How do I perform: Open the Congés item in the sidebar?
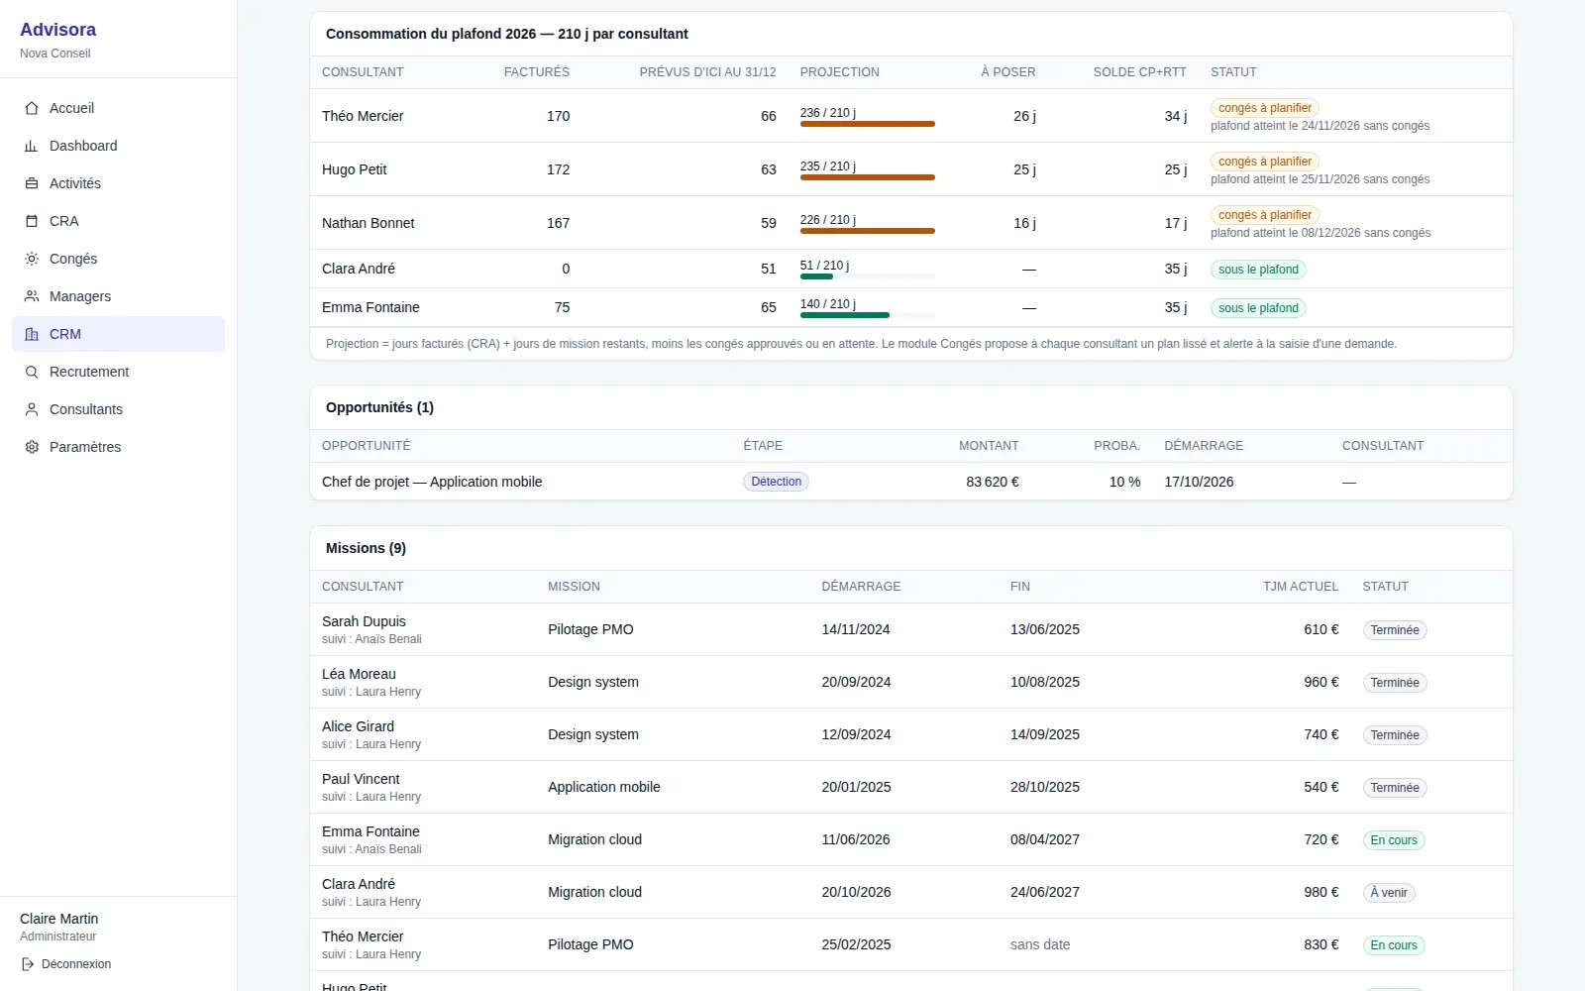click(x=73, y=259)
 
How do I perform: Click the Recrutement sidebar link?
click(x=89, y=372)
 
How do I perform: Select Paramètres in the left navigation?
click(x=85, y=447)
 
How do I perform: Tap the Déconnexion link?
click(x=76, y=964)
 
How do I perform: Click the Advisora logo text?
click(x=58, y=30)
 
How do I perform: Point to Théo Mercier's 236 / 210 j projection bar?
click(x=868, y=124)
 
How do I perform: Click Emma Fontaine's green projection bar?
click(x=845, y=315)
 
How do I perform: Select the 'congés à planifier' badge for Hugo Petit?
click(x=1264, y=162)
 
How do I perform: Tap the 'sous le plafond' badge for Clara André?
click(x=1258, y=269)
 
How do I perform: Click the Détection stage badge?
click(x=777, y=482)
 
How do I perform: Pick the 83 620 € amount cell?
click(x=992, y=482)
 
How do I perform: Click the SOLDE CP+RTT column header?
click(x=1139, y=72)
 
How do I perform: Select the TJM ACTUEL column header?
click(x=1301, y=586)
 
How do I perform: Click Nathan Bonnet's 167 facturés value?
click(x=559, y=223)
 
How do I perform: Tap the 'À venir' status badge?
click(x=1388, y=893)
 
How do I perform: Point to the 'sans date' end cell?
click(x=1040, y=944)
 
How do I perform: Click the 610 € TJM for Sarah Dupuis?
click(x=1321, y=629)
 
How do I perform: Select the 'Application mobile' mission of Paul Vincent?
click(x=603, y=787)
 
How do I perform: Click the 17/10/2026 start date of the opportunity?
click(x=1199, y=482)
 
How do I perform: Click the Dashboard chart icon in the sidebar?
click(x=31, y=146)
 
